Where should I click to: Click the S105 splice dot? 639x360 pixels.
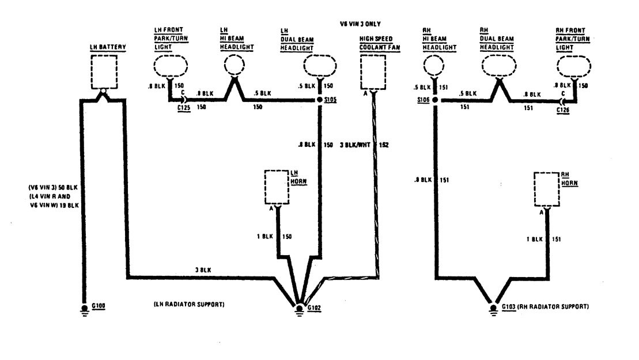pos(320,100)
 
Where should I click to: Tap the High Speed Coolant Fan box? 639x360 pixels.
pos(373,71)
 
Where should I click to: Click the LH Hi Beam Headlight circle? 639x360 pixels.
pos(234,66)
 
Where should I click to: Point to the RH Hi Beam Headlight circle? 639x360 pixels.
pos(436,65)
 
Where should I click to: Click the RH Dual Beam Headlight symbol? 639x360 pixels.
pos(497,66)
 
